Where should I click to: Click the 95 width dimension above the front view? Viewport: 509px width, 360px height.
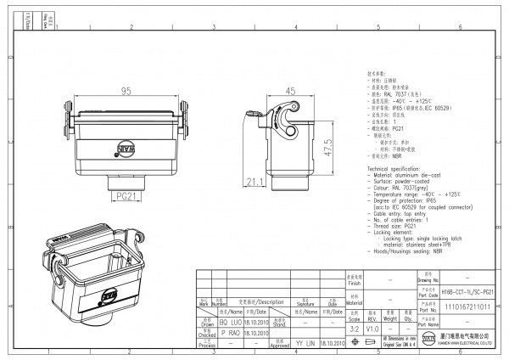pyautogui.click(x=126, y=91)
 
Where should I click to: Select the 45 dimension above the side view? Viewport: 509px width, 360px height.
pyautogui.click(x=290, y=91)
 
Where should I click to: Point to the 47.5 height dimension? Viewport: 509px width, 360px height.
pyautogui.click(x=327, y=145)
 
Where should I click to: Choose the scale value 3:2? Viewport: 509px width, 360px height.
pyautogui.click(x=354, y=328)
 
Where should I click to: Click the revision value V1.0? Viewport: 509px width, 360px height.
pyautogui.click(x=372, y=328)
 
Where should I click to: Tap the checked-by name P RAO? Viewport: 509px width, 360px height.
pyautogui.click(x=230, y=334)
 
